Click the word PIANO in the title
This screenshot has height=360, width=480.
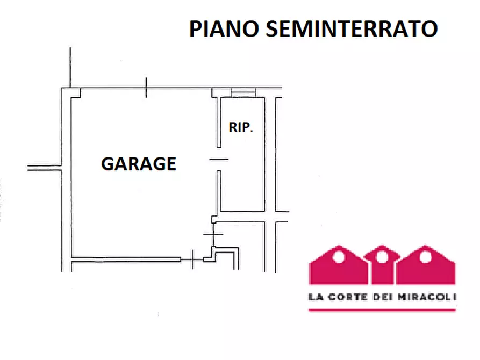tap(224, 29)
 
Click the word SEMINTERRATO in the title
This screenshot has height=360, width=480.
tap(352, 29)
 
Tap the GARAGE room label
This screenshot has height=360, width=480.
tap(139, 164)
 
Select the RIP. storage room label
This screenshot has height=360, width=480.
tap(241, 127)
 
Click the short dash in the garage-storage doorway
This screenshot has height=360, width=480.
tap(219, 160)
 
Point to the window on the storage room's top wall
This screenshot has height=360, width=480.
tap(243, 92)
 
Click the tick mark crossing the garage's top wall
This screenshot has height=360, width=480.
tap(146, 88)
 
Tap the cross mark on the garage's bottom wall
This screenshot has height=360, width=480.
tap(192, 260)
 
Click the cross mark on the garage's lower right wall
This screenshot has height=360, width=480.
tap(213, 234)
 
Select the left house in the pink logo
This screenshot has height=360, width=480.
tap(338, 265)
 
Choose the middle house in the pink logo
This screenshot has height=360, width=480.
tap(382, 264)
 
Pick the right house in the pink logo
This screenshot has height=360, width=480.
tap(426, 265)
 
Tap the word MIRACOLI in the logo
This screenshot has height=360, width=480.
tap(427, 297)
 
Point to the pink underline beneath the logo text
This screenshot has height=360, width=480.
tap(382, 310)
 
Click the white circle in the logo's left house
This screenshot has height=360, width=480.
tap(339, 257)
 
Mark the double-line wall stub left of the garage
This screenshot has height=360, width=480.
tap(45, 168)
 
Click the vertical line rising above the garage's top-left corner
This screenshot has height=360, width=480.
tap(70, 68)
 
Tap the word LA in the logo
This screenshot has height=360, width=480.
tap(316, 297)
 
